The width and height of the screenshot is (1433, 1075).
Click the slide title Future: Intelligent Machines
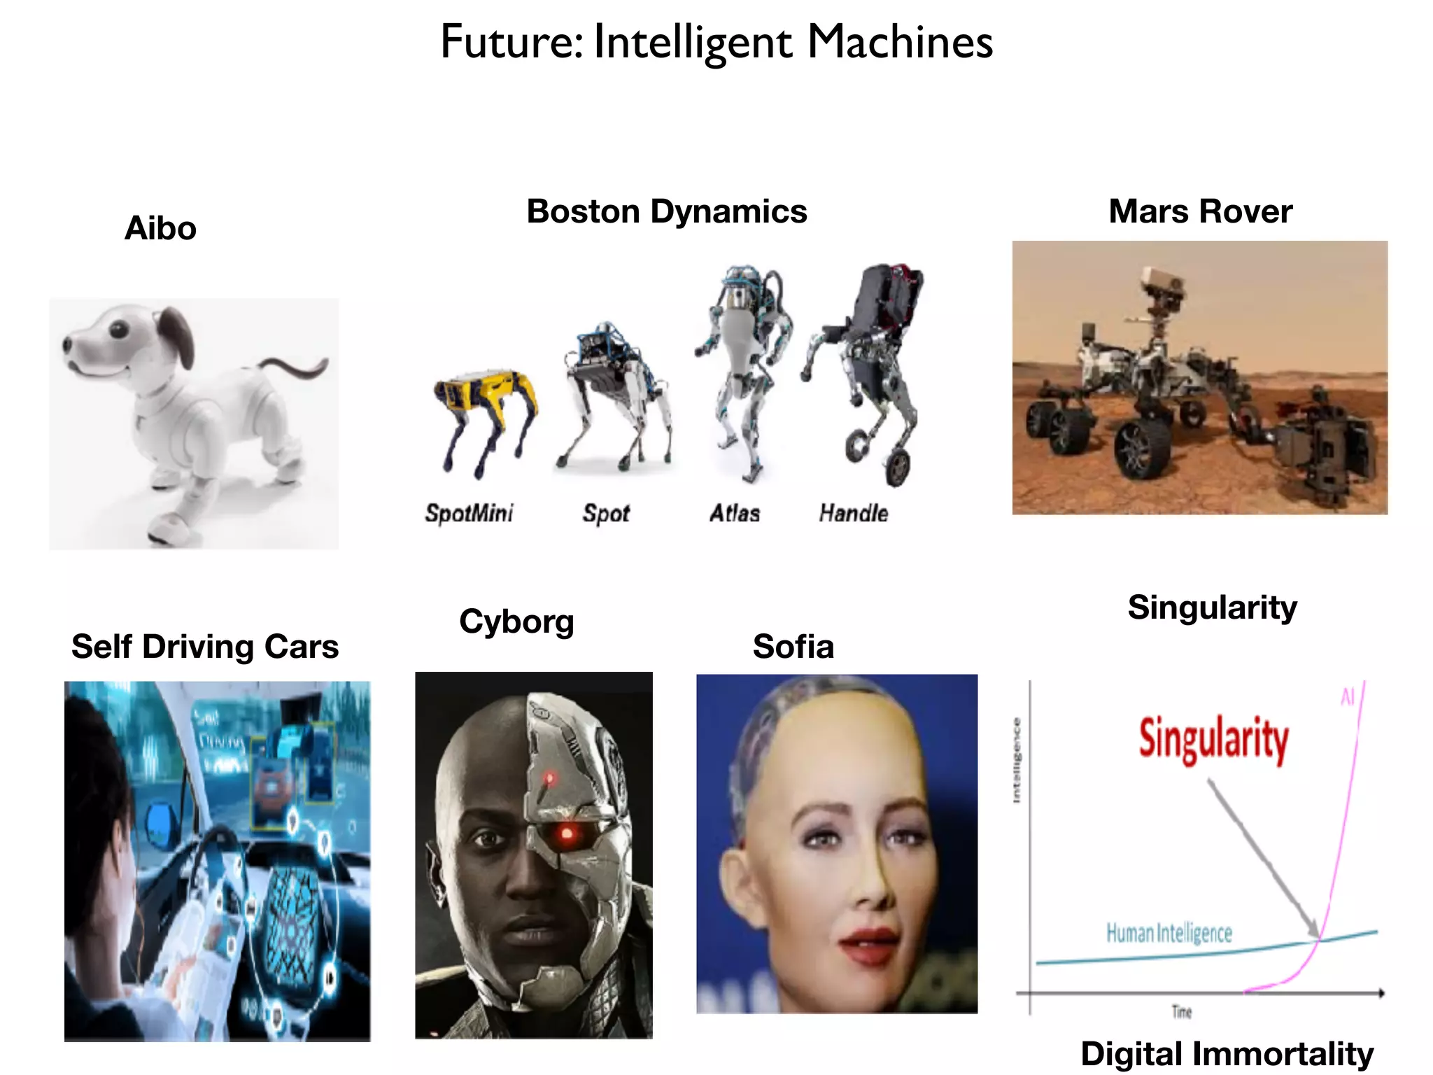point(716,42)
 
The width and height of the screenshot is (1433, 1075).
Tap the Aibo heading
point(160,228)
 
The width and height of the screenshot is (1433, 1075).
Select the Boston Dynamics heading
point(666,211)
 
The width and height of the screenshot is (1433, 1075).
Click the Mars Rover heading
point(1200,211)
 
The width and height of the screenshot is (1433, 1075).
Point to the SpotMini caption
point(469,514)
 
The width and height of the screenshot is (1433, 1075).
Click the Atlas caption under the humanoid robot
point(735,514)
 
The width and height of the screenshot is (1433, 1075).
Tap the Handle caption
point(853,514)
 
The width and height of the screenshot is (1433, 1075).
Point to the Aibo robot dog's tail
point(294,367)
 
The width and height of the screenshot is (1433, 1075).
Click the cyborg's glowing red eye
point(567,833)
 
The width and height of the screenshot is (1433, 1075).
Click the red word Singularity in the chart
point(1213,739)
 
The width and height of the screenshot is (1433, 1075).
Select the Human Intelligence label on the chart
point(1169,933)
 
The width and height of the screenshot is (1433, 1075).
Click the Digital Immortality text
point(1227,1053)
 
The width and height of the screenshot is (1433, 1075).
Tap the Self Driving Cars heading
point(205,647)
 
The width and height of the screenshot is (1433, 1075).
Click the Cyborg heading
point(516,621)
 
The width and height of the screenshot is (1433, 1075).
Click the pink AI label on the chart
point(1348,697)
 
